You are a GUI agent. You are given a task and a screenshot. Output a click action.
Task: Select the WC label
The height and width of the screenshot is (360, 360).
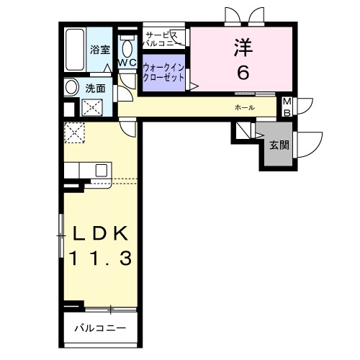(127, 63)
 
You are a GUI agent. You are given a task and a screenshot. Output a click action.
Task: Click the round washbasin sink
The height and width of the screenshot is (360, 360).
(72, 88)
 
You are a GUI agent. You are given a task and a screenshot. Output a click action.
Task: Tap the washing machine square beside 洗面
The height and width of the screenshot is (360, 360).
(92, 109)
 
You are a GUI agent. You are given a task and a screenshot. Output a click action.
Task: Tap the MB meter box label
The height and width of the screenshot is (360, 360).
(286, 107)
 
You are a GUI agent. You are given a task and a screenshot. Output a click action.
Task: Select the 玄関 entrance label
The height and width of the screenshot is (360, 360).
(279, 144)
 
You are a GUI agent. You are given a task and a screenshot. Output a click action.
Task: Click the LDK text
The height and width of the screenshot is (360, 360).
(100, 234)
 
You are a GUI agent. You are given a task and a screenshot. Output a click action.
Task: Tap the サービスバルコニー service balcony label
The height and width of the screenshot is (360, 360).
(165, 39)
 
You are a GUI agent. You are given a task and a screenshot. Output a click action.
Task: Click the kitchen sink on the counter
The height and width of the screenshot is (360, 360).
(101, 170)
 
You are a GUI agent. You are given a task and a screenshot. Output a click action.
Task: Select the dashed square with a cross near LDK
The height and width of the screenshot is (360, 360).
(74, 132)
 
